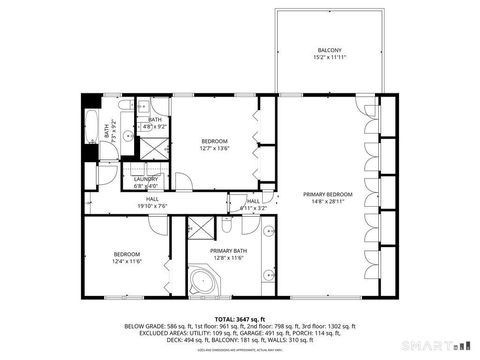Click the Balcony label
point(329,50)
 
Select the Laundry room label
point(146,179)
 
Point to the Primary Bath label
point(228,250)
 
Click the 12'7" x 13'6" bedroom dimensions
point(215,149)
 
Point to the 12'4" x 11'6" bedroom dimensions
point(126,261)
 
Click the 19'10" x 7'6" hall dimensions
point(153,206)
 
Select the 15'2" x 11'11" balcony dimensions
point(329,58)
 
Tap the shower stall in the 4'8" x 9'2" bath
point(155,146)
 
